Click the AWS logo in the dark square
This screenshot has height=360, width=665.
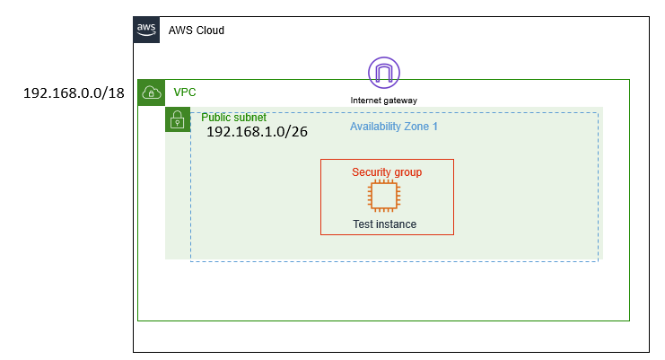146,30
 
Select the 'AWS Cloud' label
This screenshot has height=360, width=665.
196,31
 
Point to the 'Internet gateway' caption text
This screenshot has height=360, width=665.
384,100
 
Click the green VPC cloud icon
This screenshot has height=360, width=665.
151,92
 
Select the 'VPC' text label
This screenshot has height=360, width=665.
185,92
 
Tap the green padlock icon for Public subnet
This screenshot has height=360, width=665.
178,119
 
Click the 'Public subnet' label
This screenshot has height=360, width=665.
233,118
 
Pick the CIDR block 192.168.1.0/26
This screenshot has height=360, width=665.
257,132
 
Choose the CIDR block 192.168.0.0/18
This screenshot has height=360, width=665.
73,93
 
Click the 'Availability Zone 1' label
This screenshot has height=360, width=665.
393,127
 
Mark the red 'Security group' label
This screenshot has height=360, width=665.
387,171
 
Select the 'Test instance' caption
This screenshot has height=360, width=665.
384,224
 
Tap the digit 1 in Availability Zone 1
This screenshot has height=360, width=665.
434,127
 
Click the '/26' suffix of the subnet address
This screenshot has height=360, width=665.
295,132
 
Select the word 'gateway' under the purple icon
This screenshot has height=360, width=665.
401,100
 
